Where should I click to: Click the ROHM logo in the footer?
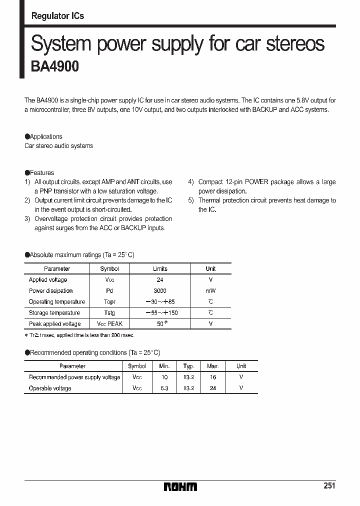point(180,486)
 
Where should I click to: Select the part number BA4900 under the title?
point(55,66)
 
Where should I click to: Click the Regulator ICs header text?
point(57,16)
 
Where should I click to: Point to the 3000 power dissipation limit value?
point(160,291)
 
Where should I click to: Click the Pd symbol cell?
point(109,291)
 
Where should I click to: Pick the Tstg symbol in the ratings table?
point(109,313)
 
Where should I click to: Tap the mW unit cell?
point(210,291)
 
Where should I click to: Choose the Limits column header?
point(160,269)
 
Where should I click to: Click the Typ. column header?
point(188,366)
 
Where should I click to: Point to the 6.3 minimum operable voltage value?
point(164,388)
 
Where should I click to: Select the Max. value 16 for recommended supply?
point(213,377)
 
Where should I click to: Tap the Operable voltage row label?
point(50,388)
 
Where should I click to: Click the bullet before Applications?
point(27,136)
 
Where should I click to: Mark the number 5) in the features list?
point(191,200)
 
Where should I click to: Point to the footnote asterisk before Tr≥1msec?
point(26,335)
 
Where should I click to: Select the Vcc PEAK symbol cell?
point(109,324)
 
